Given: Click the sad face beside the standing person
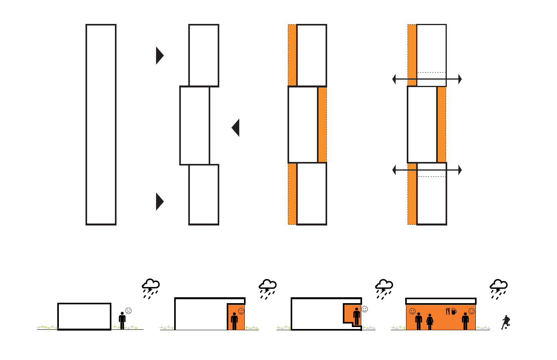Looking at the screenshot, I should pyautogui.click(x=128, y=311).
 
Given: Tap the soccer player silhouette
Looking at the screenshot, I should pyautogui.click(x=506, y=322).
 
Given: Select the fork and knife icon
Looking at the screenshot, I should pyautogui.click(x=448, y=311).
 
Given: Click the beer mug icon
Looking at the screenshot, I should pyautogui.click(x=454, y=311).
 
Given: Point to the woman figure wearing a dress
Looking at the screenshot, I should pyautogui.click(x=430, y=322).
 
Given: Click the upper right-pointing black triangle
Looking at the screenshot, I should pyautogui.click(x=159, y=55).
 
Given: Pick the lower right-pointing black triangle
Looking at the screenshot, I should pyautogui.click(x=159, y=202).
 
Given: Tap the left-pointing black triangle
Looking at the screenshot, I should pyautogui.click(x=236, y=127).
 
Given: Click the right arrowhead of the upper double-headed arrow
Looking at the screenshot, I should pyautogui.click(x=460, y=79).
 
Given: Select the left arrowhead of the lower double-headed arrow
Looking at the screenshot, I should pyautogui.click(x=394, y=170).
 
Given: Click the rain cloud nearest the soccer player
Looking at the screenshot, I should pyautogui.click(x=499, y=289).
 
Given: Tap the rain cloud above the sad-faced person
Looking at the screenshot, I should pyautogui.click(x=151, y=288).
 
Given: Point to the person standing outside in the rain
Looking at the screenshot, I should pyautogui.click(x=122, y=320).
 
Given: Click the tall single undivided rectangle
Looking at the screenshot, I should pyautogui.click(x=101, y=125).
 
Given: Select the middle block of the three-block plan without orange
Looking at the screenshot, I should pyautogui.click(x=195, y=125).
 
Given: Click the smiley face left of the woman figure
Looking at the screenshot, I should pyautogui.click(x=412, y=311).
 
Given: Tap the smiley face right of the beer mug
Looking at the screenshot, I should pyautogui.click(x=471, y=311).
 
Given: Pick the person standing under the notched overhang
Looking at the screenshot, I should pyautogui.click(x=357, y=316).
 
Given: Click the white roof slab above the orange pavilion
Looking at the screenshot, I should pyautogui.click(x=441, y=301).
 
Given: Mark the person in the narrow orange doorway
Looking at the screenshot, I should pyautogui.click(x=235, y=321).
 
